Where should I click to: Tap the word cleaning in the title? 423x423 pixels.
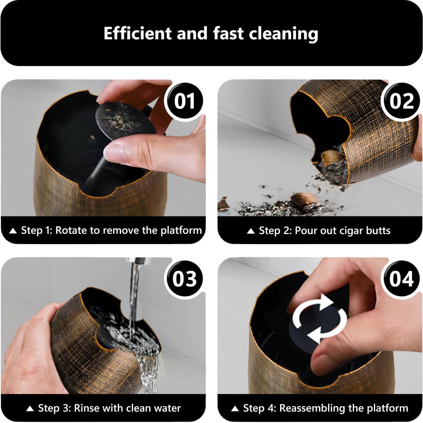[x=283, y=34]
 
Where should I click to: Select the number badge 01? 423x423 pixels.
[x=184, y=101]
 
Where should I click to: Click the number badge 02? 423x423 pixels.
[x=401, y=101]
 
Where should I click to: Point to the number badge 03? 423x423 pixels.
[x=184, y=279]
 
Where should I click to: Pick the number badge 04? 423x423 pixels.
[x=401, y=279]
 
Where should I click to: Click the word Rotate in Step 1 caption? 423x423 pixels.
[x=71, y=231]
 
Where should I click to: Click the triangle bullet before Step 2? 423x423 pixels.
[x=251, y=231]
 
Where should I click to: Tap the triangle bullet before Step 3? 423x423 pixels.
[x=30, y=409]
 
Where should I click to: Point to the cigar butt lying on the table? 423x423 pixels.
[x=304, y=200]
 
